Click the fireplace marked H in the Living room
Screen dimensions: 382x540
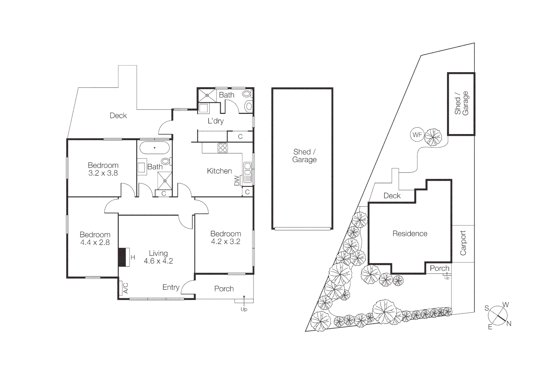pyautogui.click(x=122, y=257)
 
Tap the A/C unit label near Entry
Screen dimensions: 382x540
pyautogui.click(x=125, y=288)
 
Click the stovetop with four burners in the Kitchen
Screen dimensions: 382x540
pyautogui.click(x=222, y=148)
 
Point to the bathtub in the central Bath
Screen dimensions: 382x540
pyautogui.click(x=154, y=147)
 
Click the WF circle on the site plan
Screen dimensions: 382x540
pyautogui.click(x=417, y=135)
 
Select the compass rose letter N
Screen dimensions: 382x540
pyautogui.click(x=509, y=323)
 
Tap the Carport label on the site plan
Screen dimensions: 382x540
pyautogui.click(x=463, y=243)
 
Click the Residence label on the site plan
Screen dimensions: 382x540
pyautogui.click(x=410, y=233)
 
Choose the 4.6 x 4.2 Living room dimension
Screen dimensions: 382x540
pyautogui.click(x=158, y=261)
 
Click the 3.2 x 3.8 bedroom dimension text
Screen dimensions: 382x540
pyautogui.click(x=103, y=173)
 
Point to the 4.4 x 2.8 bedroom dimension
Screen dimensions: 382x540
pyautogui.click(x=95, y=243)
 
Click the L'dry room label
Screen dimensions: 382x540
pyautogui.click(x=215, y=121)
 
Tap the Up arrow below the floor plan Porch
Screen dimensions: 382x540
pyautogui.click(x=244, y=305)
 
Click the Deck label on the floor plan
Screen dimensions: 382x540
pyautogui.click(x=118, y=116)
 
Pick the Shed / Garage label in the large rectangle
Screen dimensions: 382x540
pyautogui.click(x=304, y=156)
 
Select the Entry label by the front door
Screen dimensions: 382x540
pyautogui.click(x=171, y=287)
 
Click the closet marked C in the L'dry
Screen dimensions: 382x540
pyautogui.click(x=240, y=137)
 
